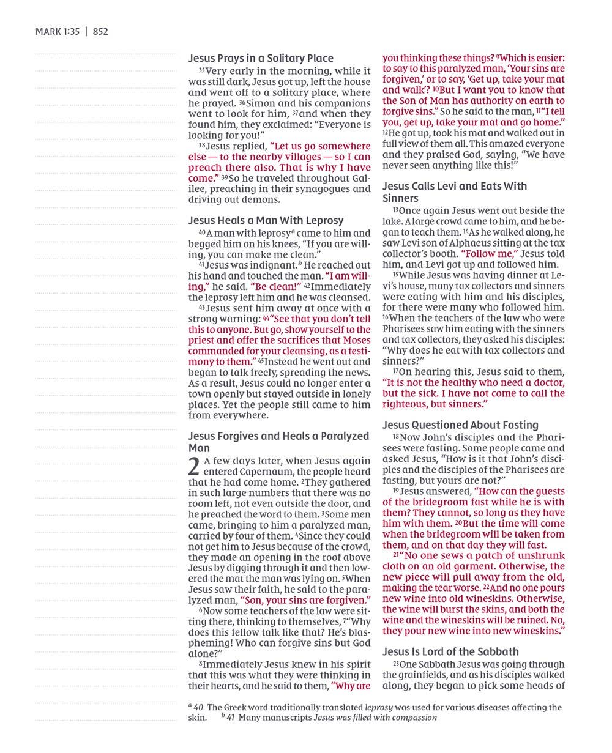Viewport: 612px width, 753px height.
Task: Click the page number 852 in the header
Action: tap(100, 32)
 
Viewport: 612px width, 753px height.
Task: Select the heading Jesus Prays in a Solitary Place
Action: tap(261, 59)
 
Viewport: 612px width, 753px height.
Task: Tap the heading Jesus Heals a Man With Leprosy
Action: tap(266, 220)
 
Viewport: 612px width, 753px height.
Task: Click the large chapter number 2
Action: tap(194, 466)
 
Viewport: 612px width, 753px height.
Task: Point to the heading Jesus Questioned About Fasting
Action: tap(460, 425)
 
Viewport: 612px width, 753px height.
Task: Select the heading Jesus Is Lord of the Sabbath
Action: tap(450, 651)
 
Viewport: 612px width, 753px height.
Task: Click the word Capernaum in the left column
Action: tap(248, 472)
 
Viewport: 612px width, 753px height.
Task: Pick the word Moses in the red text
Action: tap(355, 340)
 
